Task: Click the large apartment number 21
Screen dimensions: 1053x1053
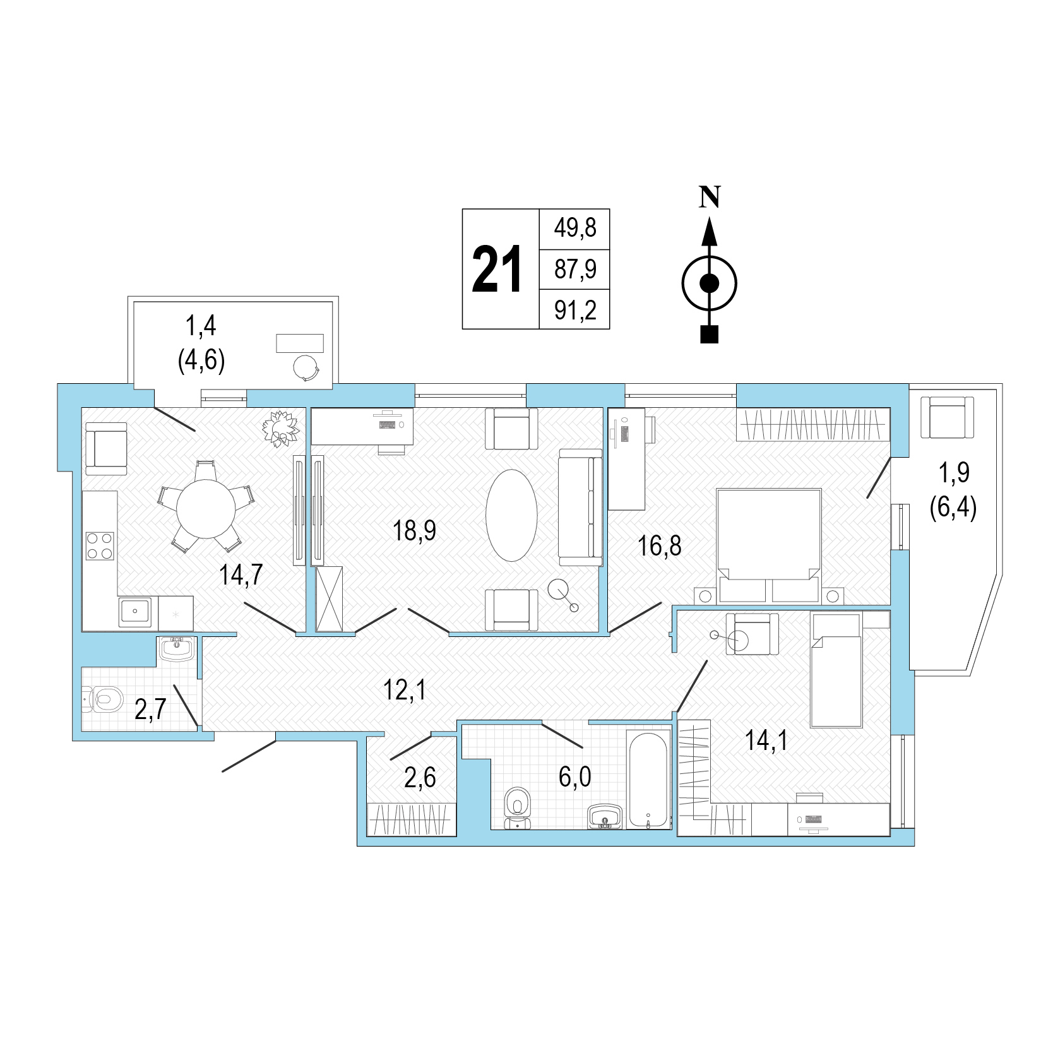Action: (x=497, y=270)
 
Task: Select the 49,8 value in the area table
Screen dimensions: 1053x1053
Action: (x=575, y=227)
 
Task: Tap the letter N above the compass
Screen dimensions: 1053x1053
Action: (x=710, y=198)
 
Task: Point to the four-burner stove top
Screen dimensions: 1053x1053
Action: (x=100, y=546)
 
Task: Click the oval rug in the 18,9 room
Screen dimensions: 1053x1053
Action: (x=511, y=515)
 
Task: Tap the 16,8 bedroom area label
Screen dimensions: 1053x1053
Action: (x=660, y=545)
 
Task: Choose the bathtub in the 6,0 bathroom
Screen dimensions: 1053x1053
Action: (x=648, y=779)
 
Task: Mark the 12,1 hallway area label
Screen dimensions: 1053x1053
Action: (x=405, y=690)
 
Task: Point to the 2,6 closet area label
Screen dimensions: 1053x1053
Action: (x=420, y=778)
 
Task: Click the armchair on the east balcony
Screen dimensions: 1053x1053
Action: (x=947, y=417)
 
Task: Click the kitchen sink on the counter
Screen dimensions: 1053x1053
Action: (x=134, y=612)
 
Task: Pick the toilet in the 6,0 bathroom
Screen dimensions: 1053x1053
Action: (x=518, y=808)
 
